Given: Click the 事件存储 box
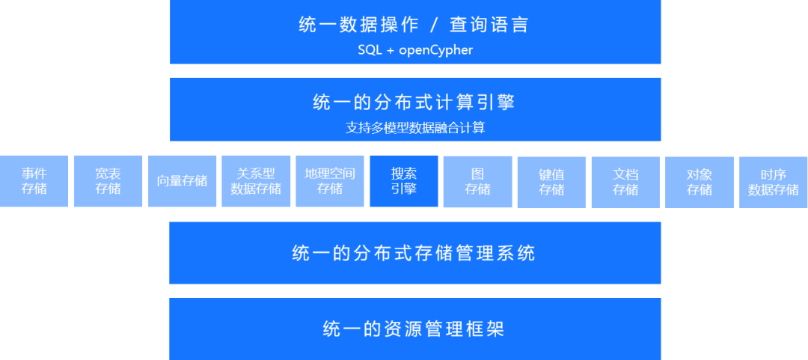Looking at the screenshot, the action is pos(34,181).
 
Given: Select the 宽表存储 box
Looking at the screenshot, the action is pos(108,181).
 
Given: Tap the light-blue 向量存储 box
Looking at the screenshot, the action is pos(183,181).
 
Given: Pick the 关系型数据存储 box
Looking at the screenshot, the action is pos(256,181).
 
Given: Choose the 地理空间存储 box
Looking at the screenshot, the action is pos(330,181).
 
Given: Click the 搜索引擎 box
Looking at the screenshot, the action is pos(404,181).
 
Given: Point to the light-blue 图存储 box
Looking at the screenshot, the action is pos(477,181).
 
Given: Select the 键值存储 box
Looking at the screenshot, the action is pos(551,181).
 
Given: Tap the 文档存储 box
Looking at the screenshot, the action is pos(625,181).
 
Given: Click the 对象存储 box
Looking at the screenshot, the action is pos(700,181).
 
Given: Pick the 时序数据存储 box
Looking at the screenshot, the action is pos(774,181).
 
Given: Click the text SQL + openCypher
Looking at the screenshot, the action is pos(415,50).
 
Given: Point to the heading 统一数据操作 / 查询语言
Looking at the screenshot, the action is pos(414,25).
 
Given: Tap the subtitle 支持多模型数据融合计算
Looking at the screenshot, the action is pos(415,127).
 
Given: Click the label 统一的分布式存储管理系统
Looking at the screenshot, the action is pos(414,253).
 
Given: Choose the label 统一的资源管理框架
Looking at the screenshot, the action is pos(414,329).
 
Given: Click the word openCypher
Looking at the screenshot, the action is pos(437,50).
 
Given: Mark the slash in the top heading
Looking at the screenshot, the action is pos(434,25).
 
